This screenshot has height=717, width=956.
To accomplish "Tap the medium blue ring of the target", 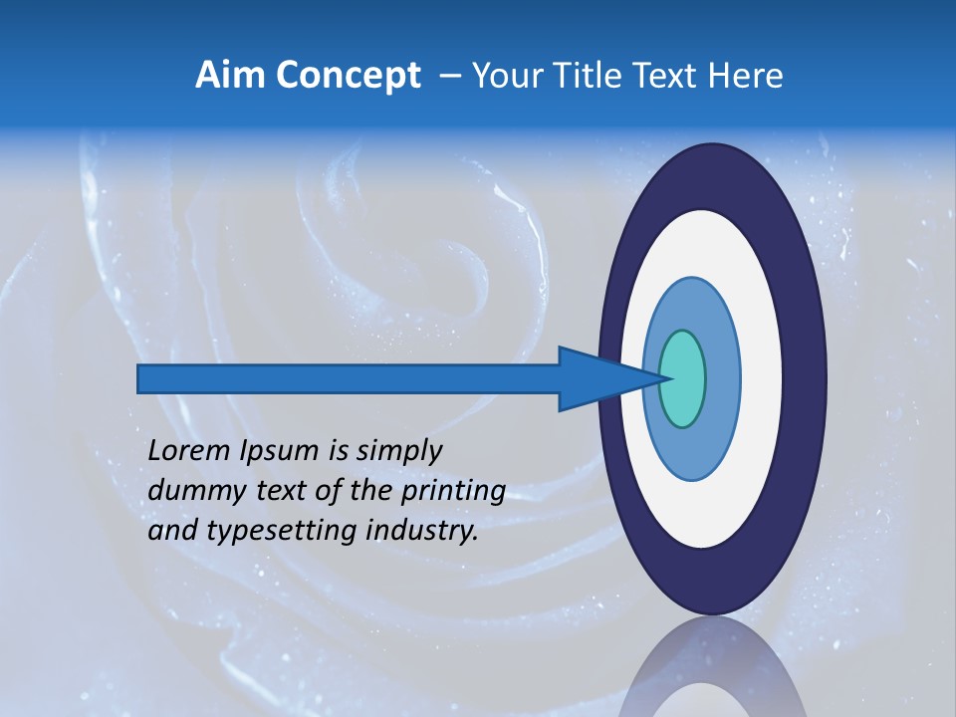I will tap(724, 378).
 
